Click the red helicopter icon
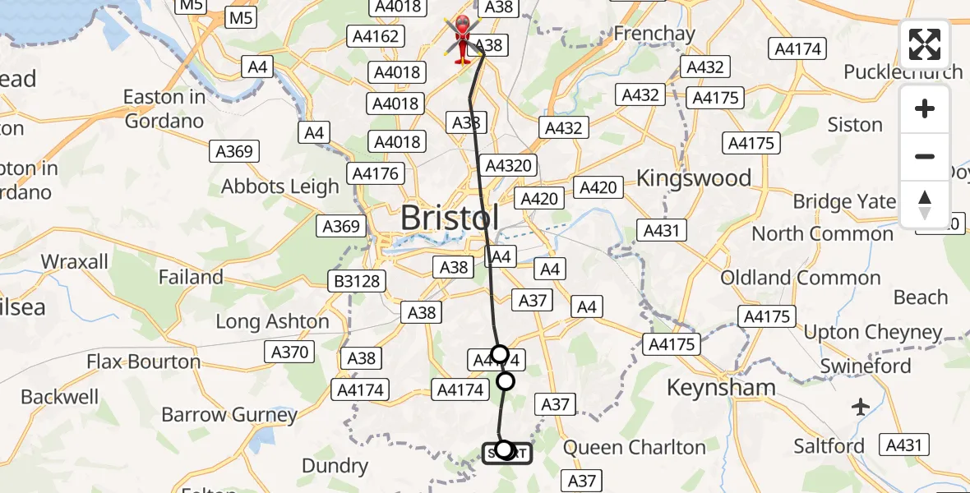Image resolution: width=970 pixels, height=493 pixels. (x=463, y=39)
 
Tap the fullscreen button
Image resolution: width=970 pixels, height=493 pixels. (x=925, y=44)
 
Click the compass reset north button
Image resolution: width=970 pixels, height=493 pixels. (x=925, y=205)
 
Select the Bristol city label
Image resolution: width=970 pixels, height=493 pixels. (x=449, y=218)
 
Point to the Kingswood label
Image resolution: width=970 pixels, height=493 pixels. (x=694, y=178)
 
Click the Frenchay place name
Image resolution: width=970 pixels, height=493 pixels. (x=654, y=34)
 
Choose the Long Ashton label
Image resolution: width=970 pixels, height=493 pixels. (x=272, y=321)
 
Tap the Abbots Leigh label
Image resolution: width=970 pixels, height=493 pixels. (x=279, y=187)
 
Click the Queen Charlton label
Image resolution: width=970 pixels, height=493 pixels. (x=634, y=448)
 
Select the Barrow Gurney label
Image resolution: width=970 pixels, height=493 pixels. (x=217, y=414)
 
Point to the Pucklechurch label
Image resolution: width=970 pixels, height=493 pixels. (x=902, y=71)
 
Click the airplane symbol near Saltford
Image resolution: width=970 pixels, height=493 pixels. (x=861, y=406)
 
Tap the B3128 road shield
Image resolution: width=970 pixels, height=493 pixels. (x=358, y=281)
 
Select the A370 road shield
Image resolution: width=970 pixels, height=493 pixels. (x=290, y=352)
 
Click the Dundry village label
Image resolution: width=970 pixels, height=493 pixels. (x=335, y=466)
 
